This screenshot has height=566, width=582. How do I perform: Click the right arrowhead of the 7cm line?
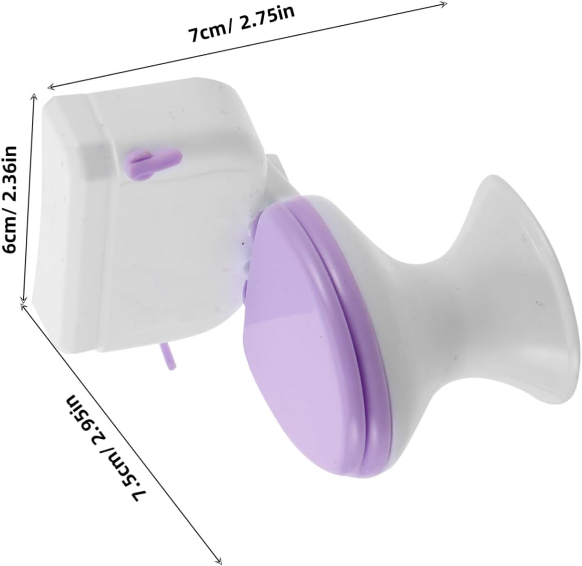[x=444, y=4]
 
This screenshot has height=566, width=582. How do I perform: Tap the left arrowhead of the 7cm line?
[x=51, y=87]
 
